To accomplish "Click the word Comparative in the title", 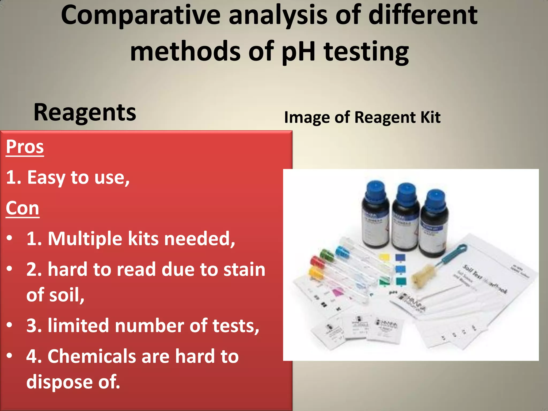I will [140, 16].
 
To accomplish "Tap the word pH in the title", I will [299, 51].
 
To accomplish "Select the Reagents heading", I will [85, 112].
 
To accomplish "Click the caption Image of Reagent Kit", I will [362, 117].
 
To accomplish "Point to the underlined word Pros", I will [25, 147].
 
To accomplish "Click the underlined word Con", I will [22, 208].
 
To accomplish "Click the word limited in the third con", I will [78, 326].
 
